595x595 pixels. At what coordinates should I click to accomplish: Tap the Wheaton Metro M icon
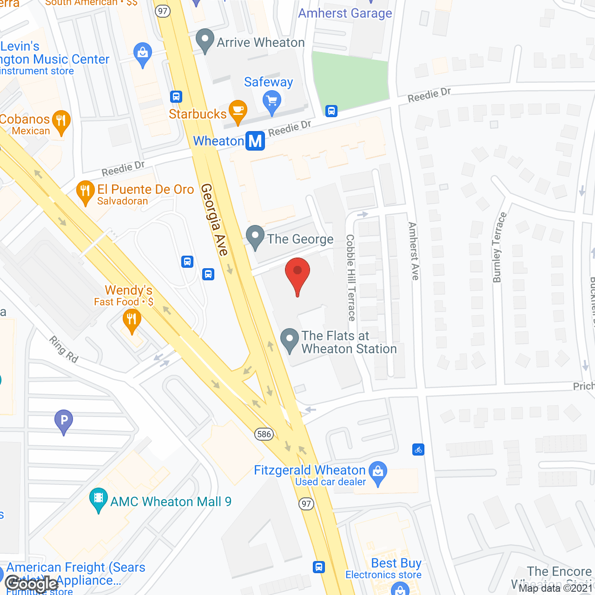tap(255, 141)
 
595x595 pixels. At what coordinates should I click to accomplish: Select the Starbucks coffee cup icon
tap(238, 111)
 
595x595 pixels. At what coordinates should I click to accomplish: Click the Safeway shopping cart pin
tap(272, 101)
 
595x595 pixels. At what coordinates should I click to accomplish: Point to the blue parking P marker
tap(64, 420)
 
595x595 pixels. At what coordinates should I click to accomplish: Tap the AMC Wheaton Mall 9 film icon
tap(98, 498)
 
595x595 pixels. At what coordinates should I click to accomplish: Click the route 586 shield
tap(264, 434)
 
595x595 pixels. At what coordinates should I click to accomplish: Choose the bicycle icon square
tap(418, 450)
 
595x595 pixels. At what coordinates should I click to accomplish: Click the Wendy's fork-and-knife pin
tap(132, 319)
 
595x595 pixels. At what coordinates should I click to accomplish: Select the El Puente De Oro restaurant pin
tap(85, 191)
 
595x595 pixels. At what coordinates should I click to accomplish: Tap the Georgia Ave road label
tap(214, 219)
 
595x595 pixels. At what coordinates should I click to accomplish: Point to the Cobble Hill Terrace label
tap(351, 278)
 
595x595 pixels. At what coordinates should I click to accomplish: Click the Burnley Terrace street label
tap(499, 247)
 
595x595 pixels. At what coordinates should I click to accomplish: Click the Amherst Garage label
tap(345, 13)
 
